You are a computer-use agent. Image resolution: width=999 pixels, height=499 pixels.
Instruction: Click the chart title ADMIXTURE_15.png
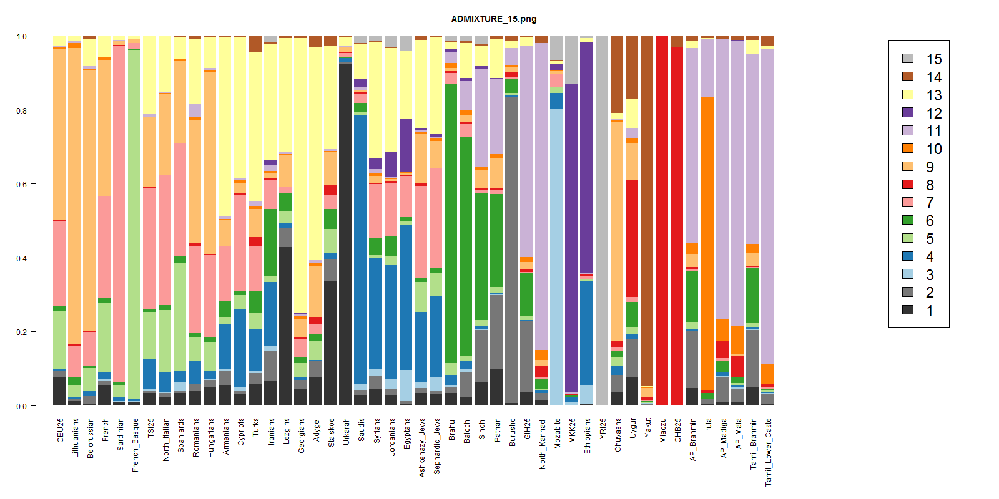pyautogui.click(x=493, y=19)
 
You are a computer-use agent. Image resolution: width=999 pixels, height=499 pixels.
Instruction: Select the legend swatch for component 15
pyautogui.click(x=908, y=59)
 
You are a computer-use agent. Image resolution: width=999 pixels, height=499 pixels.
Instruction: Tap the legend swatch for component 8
pyautogui.click(x=908, y=185)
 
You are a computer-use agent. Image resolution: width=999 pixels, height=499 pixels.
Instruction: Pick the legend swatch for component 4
pyautogui.click(x=908, y=256)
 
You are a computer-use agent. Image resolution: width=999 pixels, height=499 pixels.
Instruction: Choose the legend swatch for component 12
pyautogui.click(x=908, y=112)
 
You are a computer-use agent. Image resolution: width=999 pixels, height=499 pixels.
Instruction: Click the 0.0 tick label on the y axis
pyautogui.click(x=22, y=406)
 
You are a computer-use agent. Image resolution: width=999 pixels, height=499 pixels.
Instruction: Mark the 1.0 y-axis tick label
pyautogui.click(x=22, y=37)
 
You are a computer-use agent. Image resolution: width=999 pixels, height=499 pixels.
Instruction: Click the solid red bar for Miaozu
pyautogui.click(x=662, y=218)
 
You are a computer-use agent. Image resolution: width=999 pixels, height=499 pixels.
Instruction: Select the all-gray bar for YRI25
pyautogui.click(x=602, y=218)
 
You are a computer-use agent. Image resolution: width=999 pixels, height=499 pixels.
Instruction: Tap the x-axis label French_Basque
pyautogui.click(x=135, y=445)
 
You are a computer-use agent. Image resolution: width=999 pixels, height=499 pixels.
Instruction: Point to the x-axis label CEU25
pyautogui.click(x=60, y=430)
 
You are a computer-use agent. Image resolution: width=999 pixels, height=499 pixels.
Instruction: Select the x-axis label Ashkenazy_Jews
pyautogui.click(x=422, y=447)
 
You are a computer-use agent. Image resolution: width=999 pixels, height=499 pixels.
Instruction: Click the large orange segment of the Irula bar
pyautogui.click(x=707, y=243)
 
